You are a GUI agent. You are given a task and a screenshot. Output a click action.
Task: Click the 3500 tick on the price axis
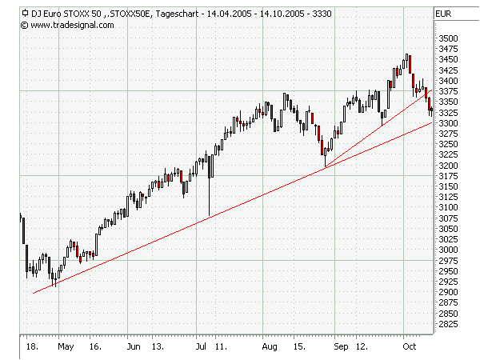[448, 38]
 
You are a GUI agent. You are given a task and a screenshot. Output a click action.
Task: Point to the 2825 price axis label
[448, 324]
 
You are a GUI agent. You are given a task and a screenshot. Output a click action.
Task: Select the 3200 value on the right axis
[448, 166]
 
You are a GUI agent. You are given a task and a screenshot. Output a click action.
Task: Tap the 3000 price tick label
[448, 250]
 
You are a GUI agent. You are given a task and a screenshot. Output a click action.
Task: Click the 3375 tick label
[448, 91]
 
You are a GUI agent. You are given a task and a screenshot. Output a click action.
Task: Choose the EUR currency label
[444, 14]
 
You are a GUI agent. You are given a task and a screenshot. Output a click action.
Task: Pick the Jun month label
[135, 348]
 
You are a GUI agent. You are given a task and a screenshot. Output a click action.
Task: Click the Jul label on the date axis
[202, 348]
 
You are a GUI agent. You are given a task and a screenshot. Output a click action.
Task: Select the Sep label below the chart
[339, 348]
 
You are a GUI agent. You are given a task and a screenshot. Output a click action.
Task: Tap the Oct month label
[409, 348]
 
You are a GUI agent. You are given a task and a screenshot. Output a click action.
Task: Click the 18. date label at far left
[32, 348]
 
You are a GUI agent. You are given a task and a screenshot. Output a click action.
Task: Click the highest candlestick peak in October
[407, 55]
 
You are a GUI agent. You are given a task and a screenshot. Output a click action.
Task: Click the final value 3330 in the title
[321, 14]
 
